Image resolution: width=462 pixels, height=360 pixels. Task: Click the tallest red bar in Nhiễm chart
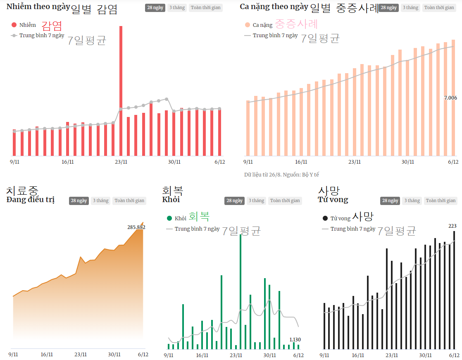click(x=121, y=91)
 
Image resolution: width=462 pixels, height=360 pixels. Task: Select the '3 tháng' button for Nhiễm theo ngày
click(x=177, y=7)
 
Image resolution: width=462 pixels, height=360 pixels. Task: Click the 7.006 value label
click(x=450, y=98)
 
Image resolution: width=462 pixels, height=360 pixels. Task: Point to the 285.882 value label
click(x=136, y=227)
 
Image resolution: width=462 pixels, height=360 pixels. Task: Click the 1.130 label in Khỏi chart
click(x=295, y=339)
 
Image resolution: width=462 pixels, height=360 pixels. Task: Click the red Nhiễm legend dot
click(x=14, y=25)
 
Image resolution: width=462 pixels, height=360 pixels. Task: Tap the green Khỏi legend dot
click(x=169, y=218)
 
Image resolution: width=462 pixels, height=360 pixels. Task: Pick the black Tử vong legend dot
click(x=325, y=218)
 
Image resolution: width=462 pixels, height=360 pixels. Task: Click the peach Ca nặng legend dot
click(x=248, y=25)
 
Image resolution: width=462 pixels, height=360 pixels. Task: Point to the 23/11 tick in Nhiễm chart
click(x=121, y=162)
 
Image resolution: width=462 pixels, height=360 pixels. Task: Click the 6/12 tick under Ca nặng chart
click(x=453, y=162)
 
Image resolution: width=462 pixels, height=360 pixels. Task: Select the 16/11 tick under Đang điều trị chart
click(x=47, y=355)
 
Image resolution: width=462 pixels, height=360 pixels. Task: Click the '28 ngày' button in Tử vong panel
click(x=390, y=200)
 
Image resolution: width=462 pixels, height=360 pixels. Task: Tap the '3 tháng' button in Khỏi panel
click(x=256, y=200)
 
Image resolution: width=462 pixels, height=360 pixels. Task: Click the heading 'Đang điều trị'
click(x=31, y=200)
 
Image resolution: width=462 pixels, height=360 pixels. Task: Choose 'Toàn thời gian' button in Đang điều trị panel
click(x=129, y=200)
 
